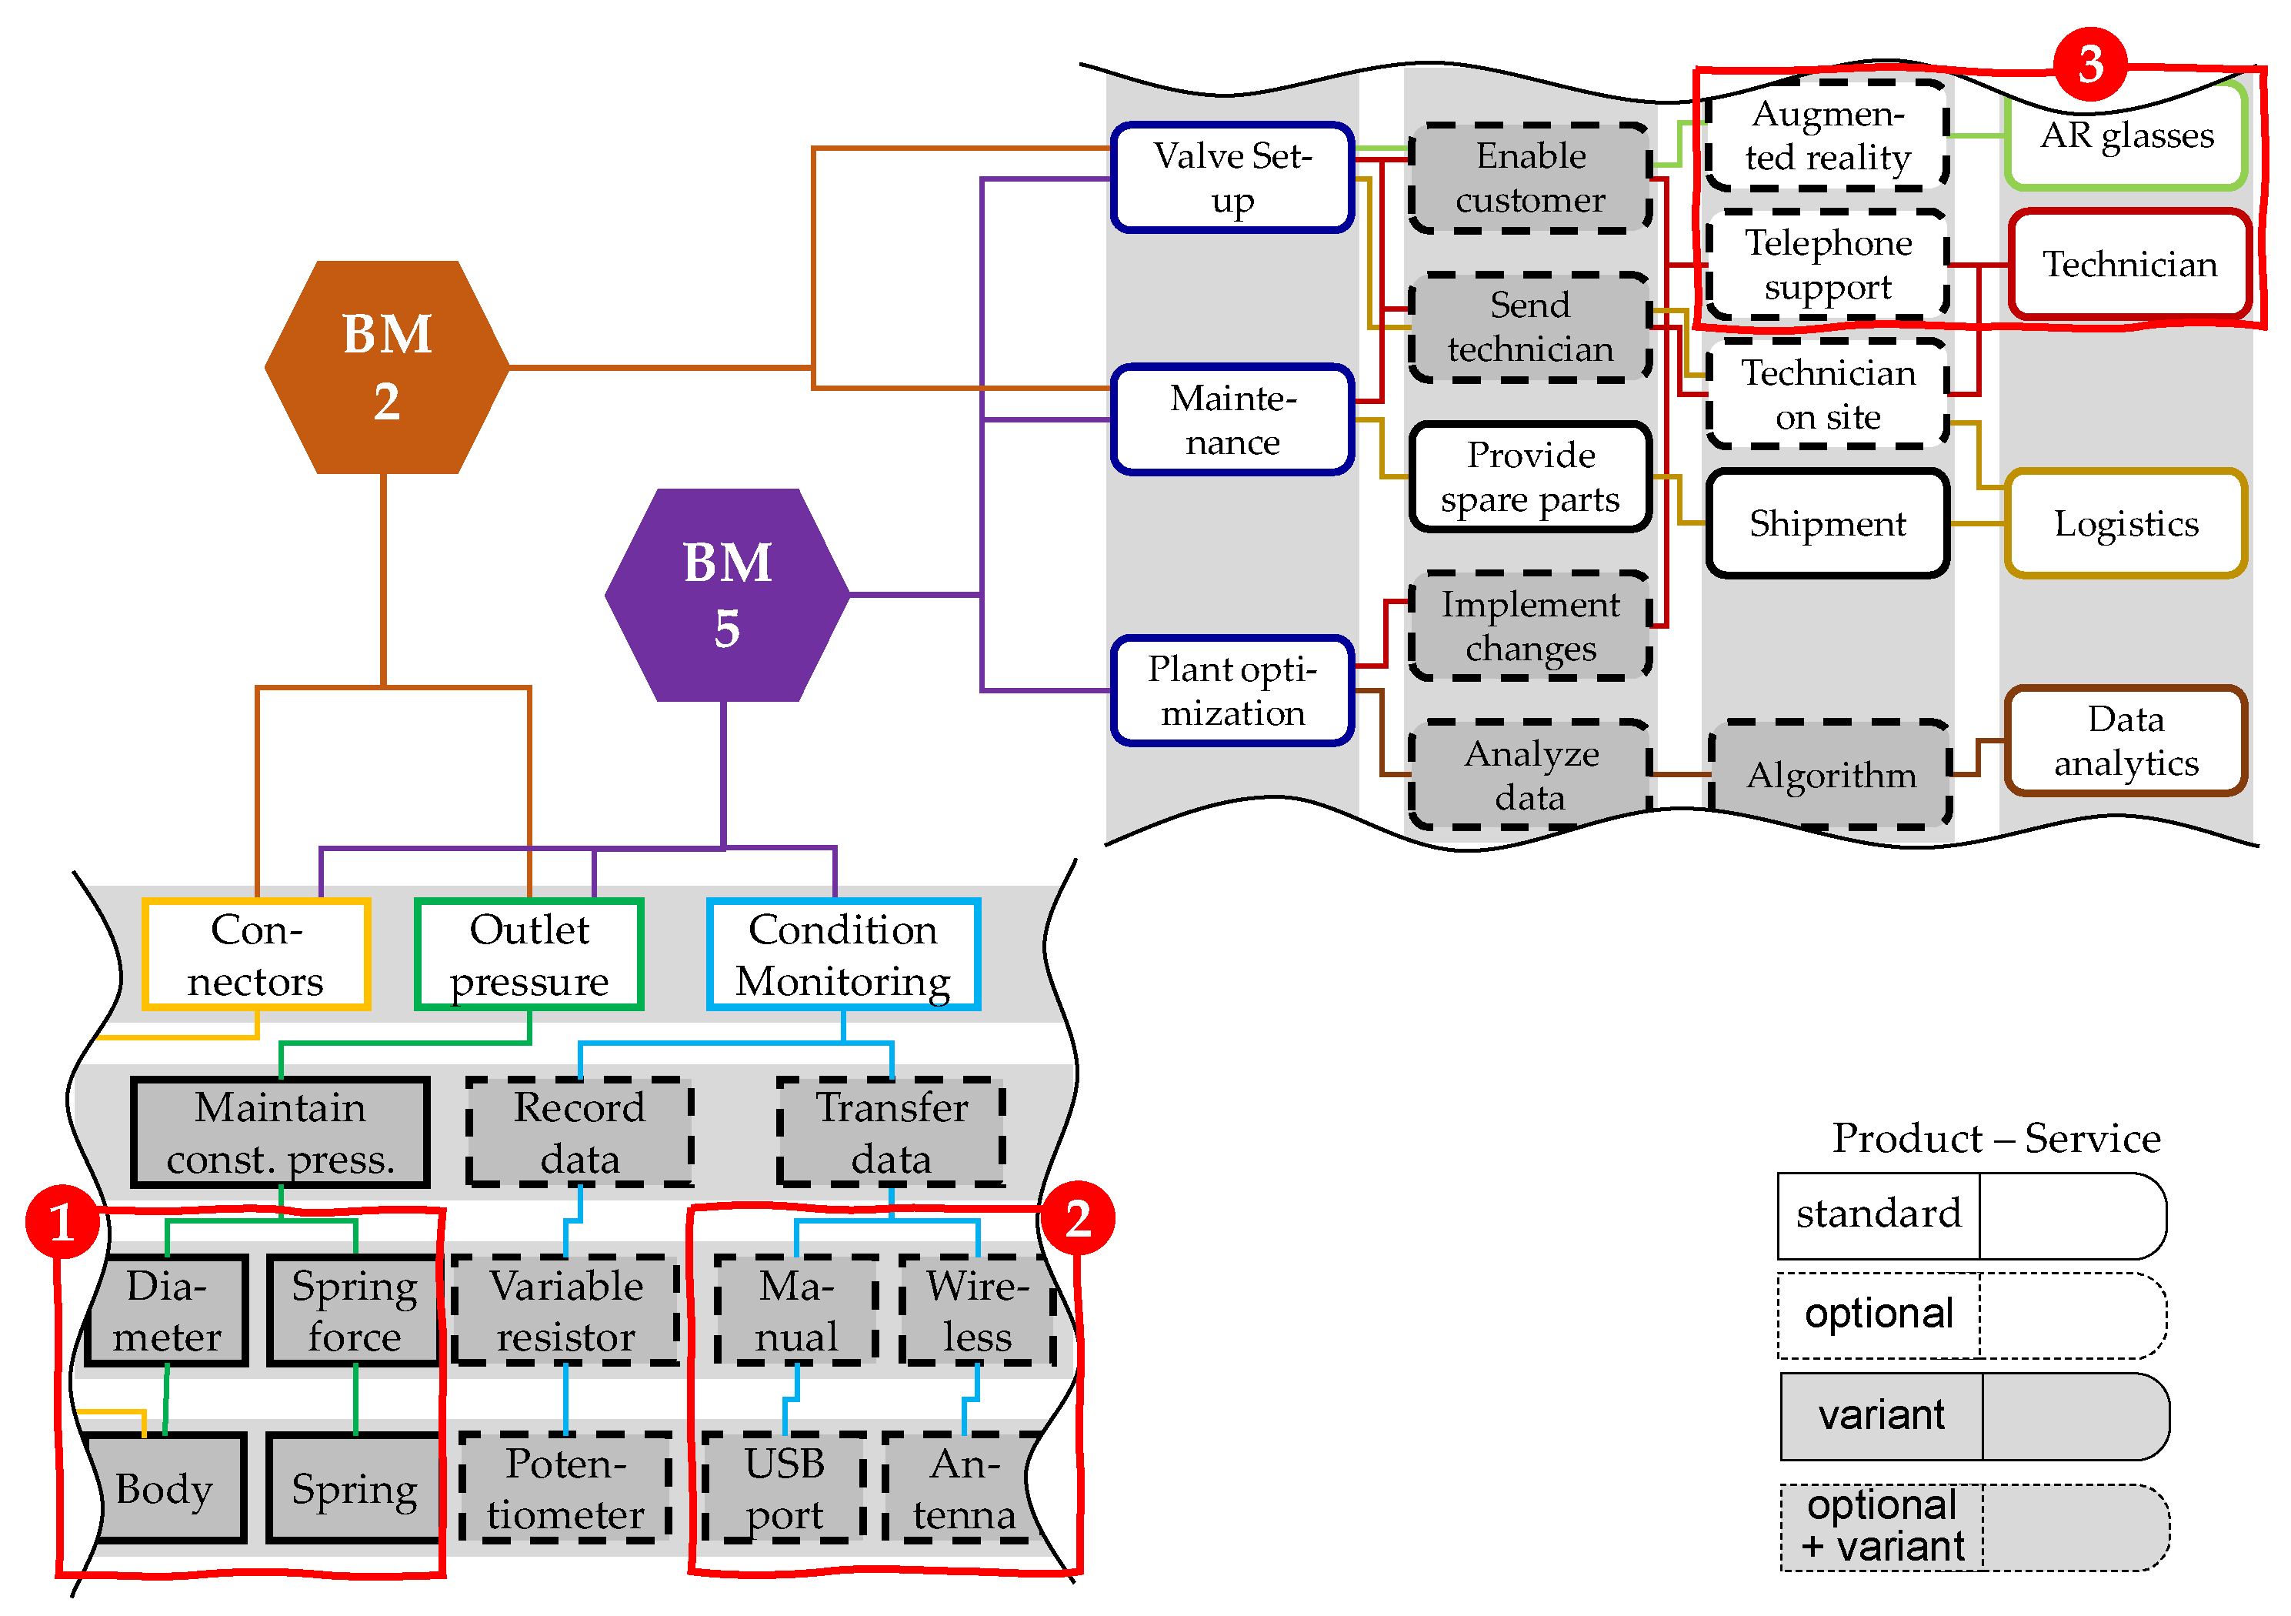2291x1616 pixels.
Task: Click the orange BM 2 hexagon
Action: pyautogui.click(x=387, y=367)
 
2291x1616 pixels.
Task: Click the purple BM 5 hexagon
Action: pyautogui.click(x=728, y=595)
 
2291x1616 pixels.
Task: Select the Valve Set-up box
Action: pyautogui.click(x=1232, y=178)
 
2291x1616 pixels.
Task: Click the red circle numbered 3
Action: pyautogui.click(x=2090, y=64)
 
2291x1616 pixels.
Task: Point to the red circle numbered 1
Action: pyautogui.click(x=62, y=1222)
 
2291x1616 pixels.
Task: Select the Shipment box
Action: pyautogui.click(x=1827, y=523)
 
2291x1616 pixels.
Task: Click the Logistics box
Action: pyautogui.click(x=2126, y=523)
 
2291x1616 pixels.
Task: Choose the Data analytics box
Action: pyautogui.click(x=2126, y=740)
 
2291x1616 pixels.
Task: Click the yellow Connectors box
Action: pyautogui.click(x=256, y=954)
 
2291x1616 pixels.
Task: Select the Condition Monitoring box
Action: pyautogui.click(x=843, y=954)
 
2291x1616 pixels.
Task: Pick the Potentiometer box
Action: pyautogui.click(x=565, y=1488)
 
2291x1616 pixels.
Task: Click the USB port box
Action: pyautogui.click(x=785, y=1488)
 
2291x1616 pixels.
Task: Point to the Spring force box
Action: pyautogui.click(x=354, y=1310)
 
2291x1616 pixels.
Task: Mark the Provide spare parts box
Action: pyautogui.click(x=1531, y=477)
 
